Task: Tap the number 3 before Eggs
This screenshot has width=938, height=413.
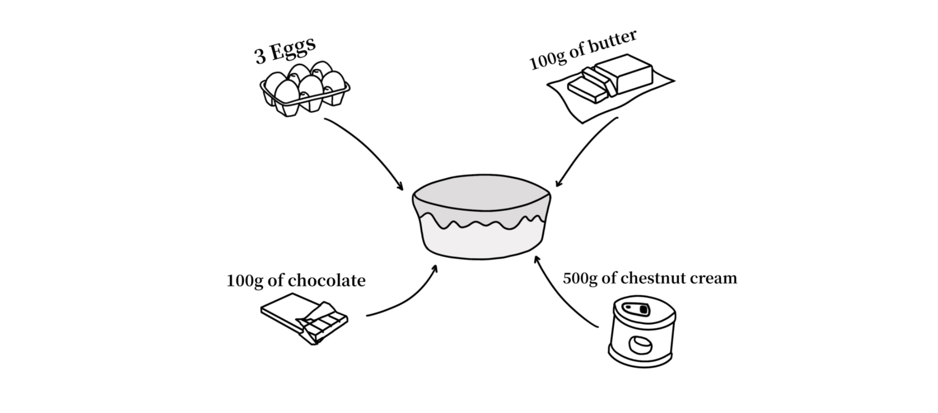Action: click(260, 57)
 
